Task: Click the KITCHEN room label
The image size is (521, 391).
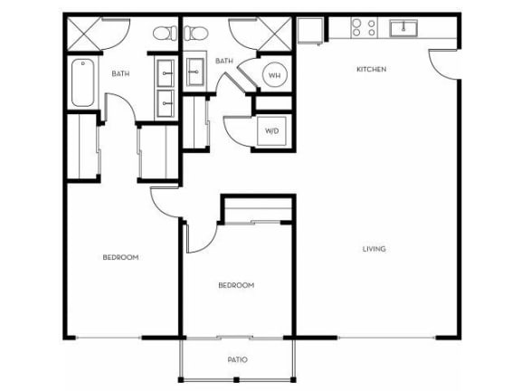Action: tap(371, 69)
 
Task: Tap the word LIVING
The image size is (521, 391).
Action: tap(374, 249)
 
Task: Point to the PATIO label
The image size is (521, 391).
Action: tap(237, 360)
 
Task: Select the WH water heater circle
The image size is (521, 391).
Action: tap(273, 75)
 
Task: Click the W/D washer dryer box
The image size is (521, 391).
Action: tap(272, 130)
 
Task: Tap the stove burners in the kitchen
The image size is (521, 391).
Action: tap(364, 27)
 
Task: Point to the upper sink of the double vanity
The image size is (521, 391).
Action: tap(166, 71)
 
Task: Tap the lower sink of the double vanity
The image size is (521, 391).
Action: tap(166, 102)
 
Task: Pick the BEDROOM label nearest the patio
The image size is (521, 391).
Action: tap(236, 285)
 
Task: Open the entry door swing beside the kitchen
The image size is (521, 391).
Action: tap(443, 63)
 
